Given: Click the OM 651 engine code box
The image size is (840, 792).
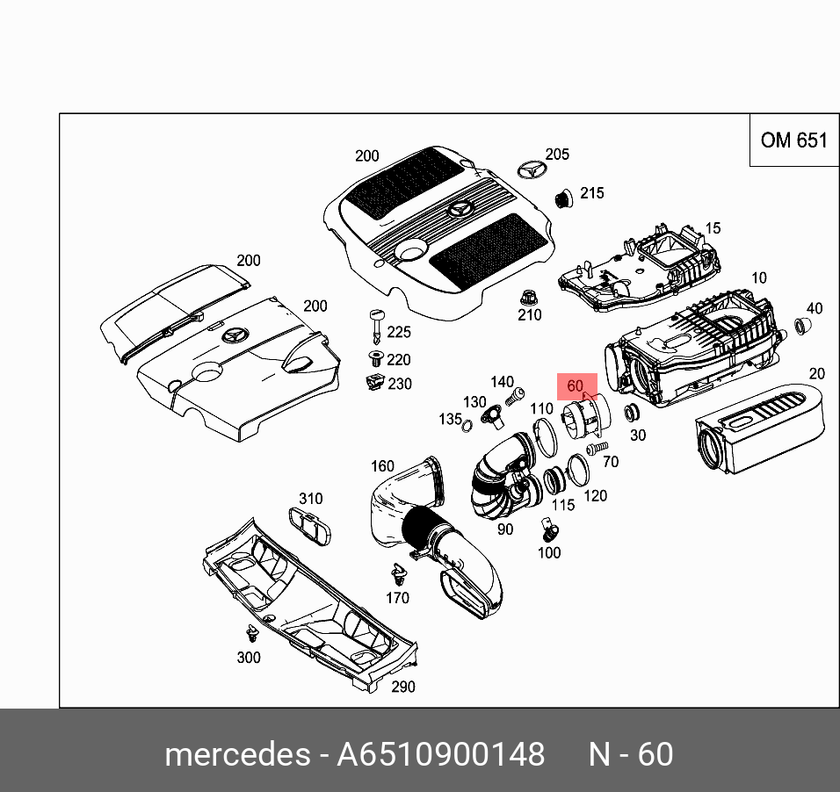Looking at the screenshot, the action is (x=793, y=140).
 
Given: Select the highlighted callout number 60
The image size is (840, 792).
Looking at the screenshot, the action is (x=576, y=385).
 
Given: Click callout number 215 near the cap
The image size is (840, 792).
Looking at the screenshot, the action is (x=592, y=193).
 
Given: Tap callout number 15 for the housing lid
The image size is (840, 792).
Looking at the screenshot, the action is (x=713, y=228).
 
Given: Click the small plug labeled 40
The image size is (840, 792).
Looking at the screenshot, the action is (x=801, y=328).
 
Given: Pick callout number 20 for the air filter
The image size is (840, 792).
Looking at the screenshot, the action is (x=816, y=373).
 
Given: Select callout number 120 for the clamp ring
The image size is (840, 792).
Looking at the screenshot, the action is (x=595, y=495).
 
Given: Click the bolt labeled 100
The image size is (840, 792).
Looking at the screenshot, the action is (x=549, y=530).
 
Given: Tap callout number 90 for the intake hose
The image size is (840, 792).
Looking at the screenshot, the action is (x=505, y=529).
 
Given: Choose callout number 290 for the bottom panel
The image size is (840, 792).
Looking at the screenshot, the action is (x=402, y=687).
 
